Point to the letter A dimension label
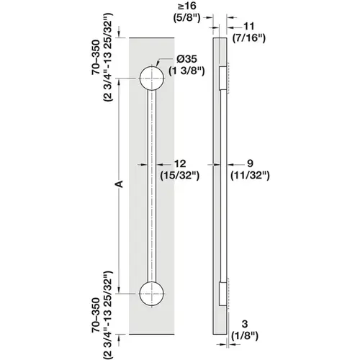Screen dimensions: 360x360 (x=120, y=186)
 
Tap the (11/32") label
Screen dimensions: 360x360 (x=249, y=174)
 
